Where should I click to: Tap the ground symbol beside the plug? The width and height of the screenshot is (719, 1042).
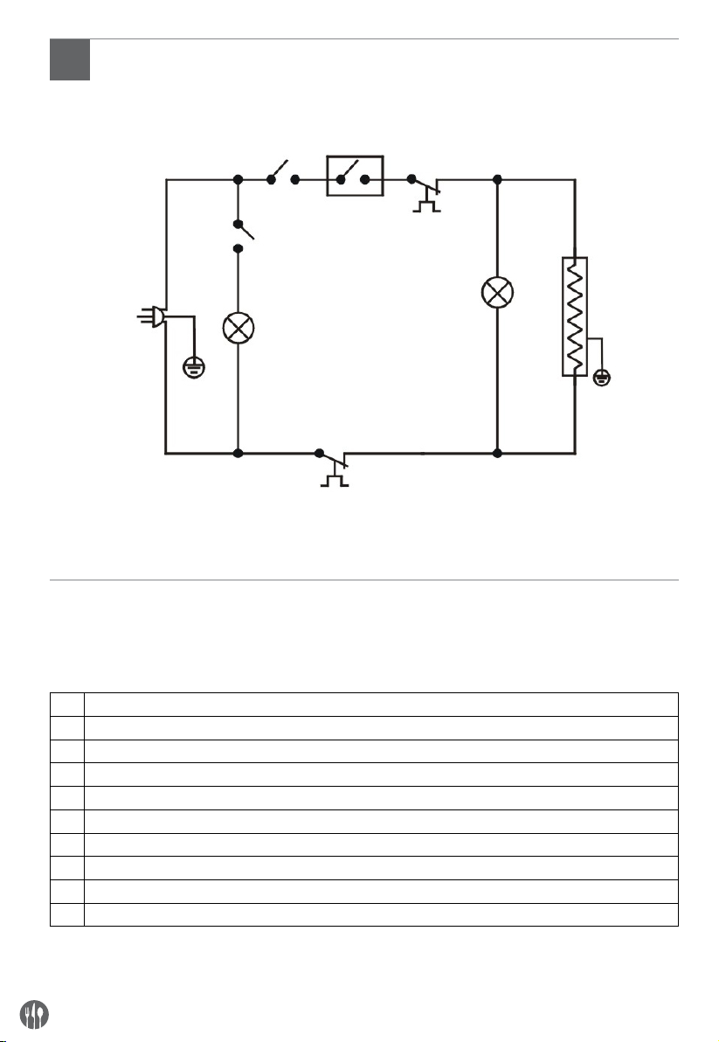[192, 367]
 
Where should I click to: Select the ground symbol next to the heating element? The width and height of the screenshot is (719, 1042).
[601, 378]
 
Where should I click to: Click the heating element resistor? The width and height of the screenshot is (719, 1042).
[574, 316]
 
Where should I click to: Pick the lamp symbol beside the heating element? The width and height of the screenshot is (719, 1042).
[496, 293]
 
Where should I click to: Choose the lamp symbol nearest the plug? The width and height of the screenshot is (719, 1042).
[238, 329]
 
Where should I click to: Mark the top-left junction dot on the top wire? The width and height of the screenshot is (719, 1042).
[238, 180]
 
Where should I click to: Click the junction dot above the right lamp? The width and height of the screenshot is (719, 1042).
[496, 180]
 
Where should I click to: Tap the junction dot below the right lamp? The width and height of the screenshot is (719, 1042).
[496, 454]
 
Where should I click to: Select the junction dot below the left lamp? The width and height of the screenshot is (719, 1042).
[238, 454]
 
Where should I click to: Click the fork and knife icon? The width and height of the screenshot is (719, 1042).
[34, 1013]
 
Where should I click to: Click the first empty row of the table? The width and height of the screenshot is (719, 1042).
[364, 705]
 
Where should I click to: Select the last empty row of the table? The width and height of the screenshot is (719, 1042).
[364, 914]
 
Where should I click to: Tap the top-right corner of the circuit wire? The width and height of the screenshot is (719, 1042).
[574, 180]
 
